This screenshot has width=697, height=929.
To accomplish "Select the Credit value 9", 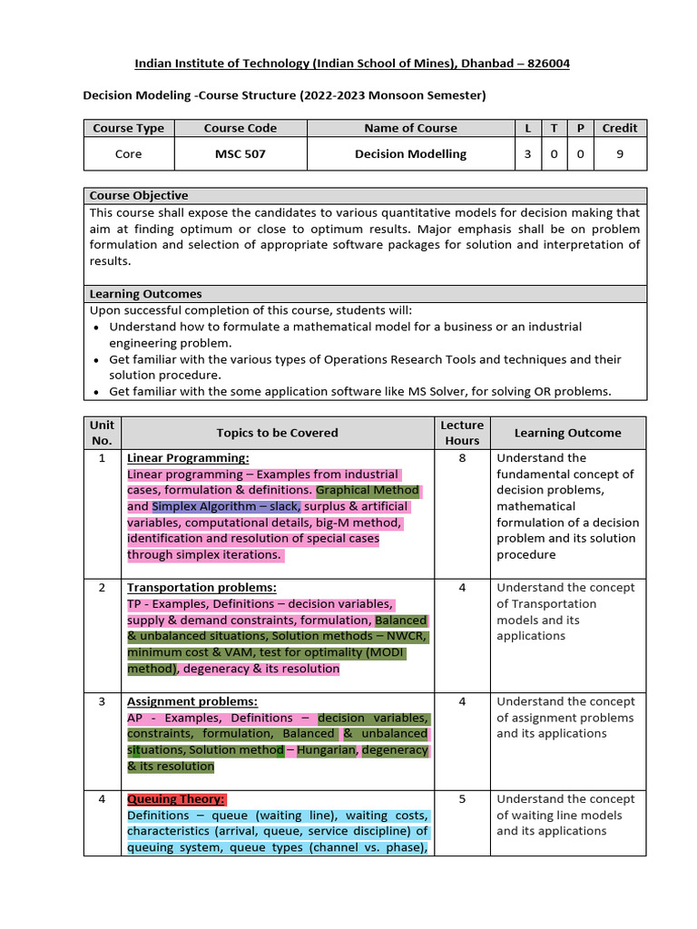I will pos(620,154).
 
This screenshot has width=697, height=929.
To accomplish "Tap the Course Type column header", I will pos(128,129).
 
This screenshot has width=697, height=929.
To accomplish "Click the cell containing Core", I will pos(128,154).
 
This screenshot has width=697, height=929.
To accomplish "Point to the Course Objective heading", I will pos(139,196).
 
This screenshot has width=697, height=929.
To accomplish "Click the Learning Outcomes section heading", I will pos(145,294).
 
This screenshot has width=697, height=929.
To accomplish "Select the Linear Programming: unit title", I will pos(188,458).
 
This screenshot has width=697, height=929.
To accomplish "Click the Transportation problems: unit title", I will pos(201,588).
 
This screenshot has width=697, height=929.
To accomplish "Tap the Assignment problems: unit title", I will pos(192,701).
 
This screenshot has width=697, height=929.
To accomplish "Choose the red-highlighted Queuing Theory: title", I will pos(176,799).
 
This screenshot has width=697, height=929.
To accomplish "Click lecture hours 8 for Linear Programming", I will pos(462,458).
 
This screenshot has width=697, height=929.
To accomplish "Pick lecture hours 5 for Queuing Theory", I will pos(462,799).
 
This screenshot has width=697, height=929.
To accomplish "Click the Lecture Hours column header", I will pos(462,433).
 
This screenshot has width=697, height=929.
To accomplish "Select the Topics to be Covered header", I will pos(277,434).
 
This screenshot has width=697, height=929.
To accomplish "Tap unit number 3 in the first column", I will pos(103,701).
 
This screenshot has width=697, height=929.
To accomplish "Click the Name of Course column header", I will pos(410,129).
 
